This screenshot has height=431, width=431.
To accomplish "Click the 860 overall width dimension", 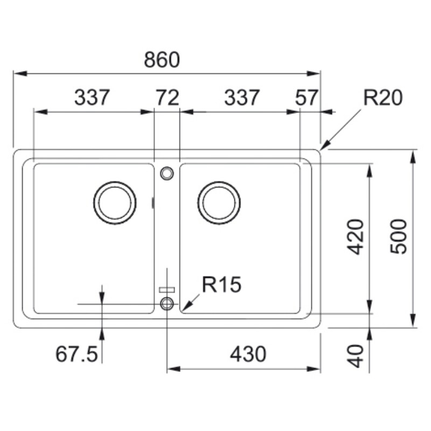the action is click(x=162, y=60).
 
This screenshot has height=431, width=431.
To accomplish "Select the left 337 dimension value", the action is click(x=92, y=98).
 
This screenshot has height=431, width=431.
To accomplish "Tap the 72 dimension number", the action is click(x=168, y=98).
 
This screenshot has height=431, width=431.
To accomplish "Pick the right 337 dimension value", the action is click(x=242, y=98).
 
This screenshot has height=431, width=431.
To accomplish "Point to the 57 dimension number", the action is click(x=307, y=98).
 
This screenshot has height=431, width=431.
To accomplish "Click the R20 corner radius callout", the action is click(x=383, y=98).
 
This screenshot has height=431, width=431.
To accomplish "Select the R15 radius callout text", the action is click(x=221, y=284).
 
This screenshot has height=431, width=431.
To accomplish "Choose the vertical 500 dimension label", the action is click(x=398, y=237).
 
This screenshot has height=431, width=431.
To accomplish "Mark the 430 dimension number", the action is click(x=248, y=354).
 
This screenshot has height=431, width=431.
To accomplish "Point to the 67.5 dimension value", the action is click(x=77, y=354).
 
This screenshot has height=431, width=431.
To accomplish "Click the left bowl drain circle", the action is click(x=115, y=182).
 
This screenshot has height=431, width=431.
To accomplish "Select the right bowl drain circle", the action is click(x=219, y=182).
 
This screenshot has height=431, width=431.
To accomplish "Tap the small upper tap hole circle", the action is click(x=167, y=167).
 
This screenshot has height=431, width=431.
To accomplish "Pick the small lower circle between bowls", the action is click(x=167, y=297).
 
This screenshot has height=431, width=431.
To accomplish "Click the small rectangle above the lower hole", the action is click(x=167, y=290).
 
